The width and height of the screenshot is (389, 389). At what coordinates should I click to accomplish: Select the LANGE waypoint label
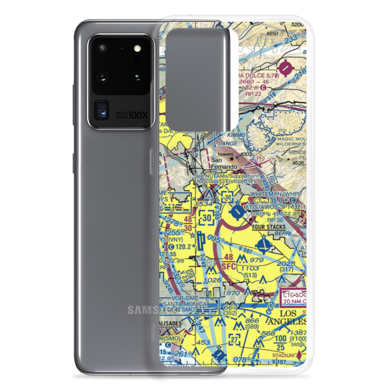(228, 144)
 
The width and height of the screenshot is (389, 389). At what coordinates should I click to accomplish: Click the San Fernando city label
(224, 163)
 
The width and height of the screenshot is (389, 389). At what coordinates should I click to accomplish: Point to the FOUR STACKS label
(268, 227)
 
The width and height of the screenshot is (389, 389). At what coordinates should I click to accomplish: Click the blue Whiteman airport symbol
(236, 212)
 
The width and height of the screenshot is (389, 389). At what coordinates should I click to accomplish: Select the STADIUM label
(283, 355)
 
